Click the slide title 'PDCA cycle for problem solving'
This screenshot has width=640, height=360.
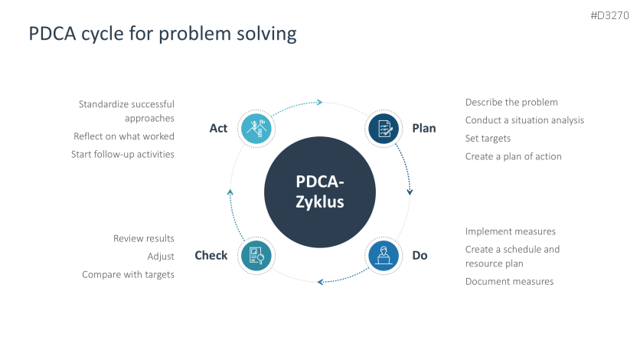(162, 34)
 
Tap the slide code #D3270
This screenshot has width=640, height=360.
(609, 15)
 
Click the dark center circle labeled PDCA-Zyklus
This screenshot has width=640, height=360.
(320, 192)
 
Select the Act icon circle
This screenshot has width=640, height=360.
(256, 129)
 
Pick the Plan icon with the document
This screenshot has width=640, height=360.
(384, 129)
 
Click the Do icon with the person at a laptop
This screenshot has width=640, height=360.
(384, 256)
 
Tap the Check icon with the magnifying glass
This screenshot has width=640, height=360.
(256, 256)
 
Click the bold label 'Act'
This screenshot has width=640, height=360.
(218, 128)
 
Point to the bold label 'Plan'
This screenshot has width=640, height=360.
(424, 128)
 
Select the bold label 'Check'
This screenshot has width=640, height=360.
(211, 256)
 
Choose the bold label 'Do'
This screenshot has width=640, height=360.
(420, 256)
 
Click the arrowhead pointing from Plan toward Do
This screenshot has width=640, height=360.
(410, 191)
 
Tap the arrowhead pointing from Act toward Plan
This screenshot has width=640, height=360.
(320, 102)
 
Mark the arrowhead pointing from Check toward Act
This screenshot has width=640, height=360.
(230, 192)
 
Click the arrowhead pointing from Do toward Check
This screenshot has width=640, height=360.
(321, 282)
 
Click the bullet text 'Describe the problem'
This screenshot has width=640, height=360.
(511, 103)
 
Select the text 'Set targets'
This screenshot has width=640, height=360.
(488, 139)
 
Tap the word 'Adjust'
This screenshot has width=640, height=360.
(161, 257)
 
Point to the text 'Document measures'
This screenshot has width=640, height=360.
(509, 282)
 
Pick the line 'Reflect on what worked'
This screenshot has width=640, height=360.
(124, 136)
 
